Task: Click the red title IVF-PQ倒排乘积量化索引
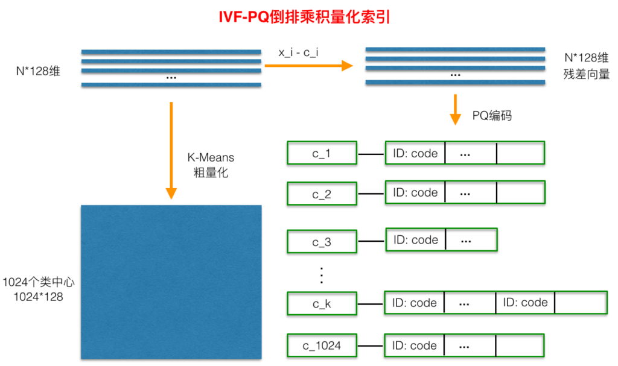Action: click(x=304, y=17)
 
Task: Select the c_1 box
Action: click(x=322, y=154)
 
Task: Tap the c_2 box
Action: click(x=322, y=194)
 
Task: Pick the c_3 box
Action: click(x=322, y=242)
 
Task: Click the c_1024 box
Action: click(x=322, y=345)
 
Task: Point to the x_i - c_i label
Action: click(x=299, y=52)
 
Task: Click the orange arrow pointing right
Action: click(x=308, y=65)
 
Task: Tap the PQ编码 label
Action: click(x=492, y=115)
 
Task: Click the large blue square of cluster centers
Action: click(x=171, y=282)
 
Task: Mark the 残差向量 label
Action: click(x=587, y=74)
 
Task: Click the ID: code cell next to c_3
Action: click(x=415, y=240)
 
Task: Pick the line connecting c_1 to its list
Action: click(x=371, y=154)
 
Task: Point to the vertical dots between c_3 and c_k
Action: click(x=322, y=274)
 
